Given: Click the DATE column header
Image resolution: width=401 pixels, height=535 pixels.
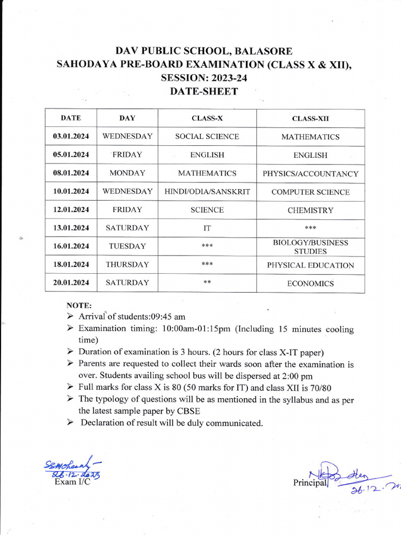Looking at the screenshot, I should point(70,118).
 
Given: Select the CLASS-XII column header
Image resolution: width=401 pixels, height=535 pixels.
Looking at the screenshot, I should point(310,119).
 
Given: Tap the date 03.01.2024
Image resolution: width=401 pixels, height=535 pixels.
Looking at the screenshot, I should point(70,136).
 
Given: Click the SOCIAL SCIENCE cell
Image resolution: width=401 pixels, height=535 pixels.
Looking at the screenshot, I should point(207,136).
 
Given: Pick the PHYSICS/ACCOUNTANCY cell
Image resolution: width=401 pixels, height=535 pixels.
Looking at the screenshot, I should point(310,173).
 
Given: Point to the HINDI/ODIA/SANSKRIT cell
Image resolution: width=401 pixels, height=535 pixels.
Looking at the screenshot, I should point(207,192).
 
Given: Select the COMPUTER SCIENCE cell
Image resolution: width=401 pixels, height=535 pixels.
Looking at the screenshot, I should point(310,192).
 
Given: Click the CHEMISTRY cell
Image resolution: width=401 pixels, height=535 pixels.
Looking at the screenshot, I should point(310,211).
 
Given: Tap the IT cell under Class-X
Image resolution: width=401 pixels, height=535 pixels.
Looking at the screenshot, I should point(207,228).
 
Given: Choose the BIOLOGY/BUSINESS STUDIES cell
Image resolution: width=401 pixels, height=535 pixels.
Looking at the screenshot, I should point(310,247).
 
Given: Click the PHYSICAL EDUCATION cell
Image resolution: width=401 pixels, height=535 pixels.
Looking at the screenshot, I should point(310,265).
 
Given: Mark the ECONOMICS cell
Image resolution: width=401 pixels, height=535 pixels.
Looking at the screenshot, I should point(310,284).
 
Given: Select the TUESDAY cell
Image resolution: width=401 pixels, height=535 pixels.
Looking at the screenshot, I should point(127,246).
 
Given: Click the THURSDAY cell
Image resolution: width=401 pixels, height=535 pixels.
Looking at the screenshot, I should point(127,264).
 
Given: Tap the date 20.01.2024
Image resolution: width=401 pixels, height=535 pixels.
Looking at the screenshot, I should point(70,283).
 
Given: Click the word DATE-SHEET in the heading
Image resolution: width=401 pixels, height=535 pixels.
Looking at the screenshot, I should point(204,91).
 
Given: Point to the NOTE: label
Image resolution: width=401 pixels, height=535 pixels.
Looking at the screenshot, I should point(79,305).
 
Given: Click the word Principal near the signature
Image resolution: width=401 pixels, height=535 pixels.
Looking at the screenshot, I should point(310,483).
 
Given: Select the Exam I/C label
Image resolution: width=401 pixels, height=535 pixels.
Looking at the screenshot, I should point(72,482).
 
